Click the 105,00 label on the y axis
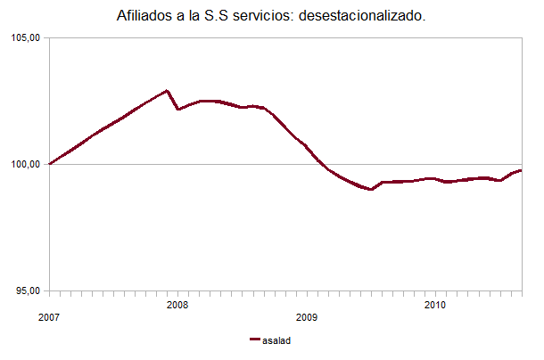(27, 37)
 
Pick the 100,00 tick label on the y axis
(27, 164)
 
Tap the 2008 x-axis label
(177, 305)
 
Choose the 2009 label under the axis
(306, 317)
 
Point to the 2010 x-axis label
(434, 305)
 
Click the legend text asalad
(277, 340)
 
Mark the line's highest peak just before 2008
(167, 91)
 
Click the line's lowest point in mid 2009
(370, 190)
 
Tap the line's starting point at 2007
(50, 164)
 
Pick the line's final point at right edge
(521, 170)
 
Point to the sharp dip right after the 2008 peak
(178, 109)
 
